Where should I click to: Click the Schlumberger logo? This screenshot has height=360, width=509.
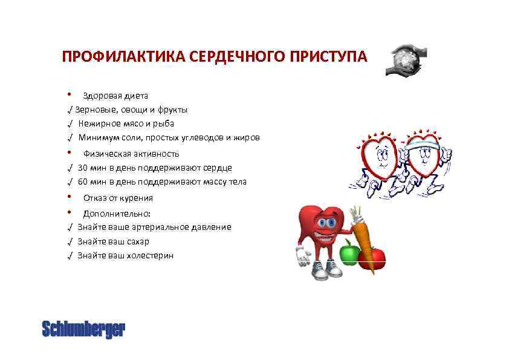pos(83,329)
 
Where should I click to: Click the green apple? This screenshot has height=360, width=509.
pos(349,252)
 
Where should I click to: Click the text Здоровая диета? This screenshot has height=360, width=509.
pos(115,96)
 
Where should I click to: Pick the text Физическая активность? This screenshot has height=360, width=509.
pos(131,154)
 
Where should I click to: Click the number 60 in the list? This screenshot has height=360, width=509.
pos(83,182)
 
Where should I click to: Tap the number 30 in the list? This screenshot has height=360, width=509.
pos(83,168)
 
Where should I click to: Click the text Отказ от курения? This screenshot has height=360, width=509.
pos(118,198)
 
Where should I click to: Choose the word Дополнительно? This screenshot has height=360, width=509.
pos(117,214)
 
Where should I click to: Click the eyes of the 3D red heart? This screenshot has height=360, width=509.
pos(326,223)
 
